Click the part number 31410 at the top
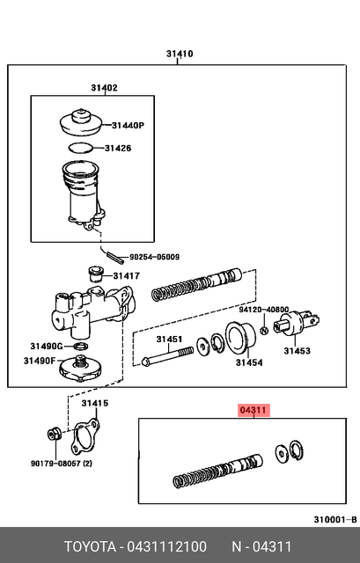[x=180, y=55]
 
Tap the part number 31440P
[x=126, y=126]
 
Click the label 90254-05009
[x=154, y=258]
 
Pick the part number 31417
[x=126, y=275]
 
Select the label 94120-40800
[x=264, y=310]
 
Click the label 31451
[x=169, y=340]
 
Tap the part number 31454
[x=248, y=362]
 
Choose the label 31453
[x=297, y=351]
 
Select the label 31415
[x=95, y=404]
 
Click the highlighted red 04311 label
[x=253, y=410]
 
